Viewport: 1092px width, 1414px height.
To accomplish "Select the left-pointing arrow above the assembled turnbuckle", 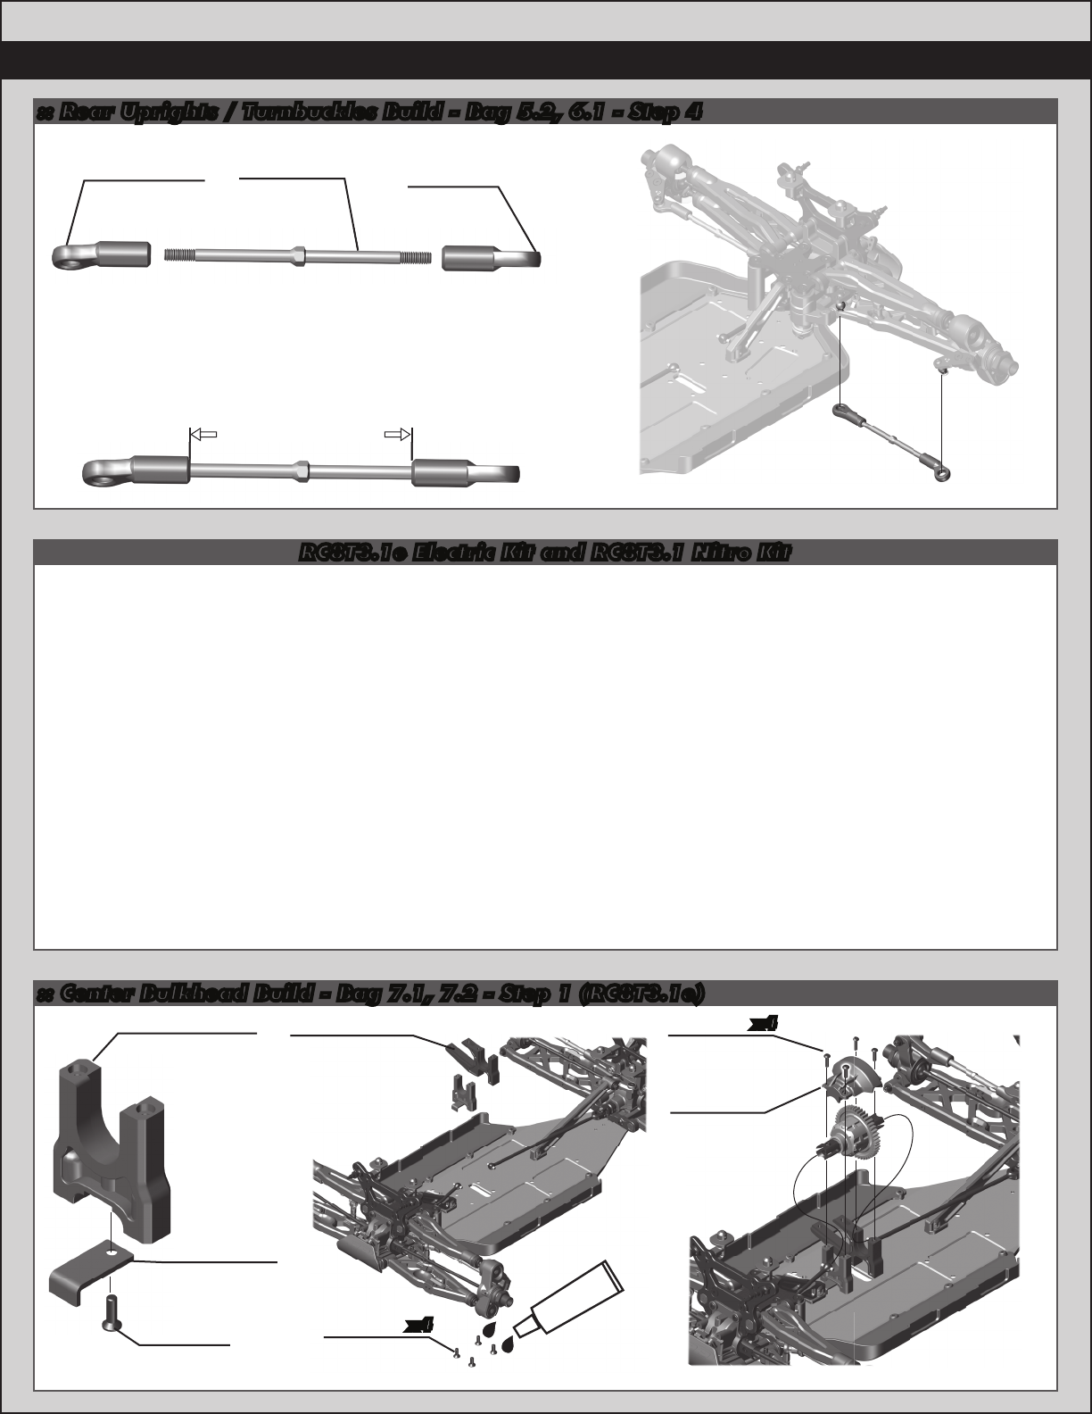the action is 204,435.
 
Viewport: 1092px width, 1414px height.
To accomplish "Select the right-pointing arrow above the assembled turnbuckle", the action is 397,434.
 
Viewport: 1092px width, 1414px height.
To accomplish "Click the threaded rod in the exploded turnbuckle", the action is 298,255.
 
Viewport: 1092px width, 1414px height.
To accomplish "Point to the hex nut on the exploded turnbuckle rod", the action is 298,255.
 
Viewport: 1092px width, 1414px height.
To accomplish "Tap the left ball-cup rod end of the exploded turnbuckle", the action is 102,255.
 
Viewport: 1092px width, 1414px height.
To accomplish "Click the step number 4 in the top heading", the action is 691,112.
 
